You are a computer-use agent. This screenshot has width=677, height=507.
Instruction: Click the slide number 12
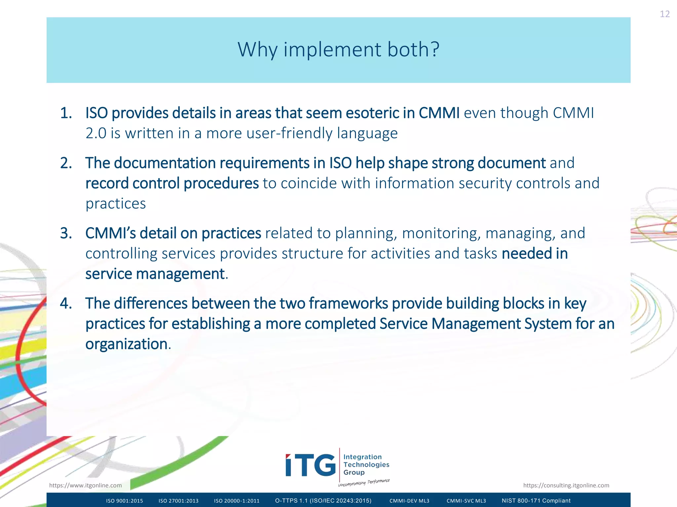click(664, 14)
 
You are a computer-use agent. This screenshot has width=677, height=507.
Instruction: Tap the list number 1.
click(66, 113)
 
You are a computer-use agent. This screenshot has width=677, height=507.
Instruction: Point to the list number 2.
click(66, 163)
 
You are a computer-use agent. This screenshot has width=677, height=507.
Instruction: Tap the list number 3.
click(66, 233)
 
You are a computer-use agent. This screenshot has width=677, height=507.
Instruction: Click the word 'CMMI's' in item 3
click(110, 233)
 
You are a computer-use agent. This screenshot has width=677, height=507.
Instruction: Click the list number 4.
click(66, 304)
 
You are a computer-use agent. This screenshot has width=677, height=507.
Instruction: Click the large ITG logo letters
click(310, 465)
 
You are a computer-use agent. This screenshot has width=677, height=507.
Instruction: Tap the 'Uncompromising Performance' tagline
click(364, 483)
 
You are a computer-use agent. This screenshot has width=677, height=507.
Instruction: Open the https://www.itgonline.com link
click(85, 485)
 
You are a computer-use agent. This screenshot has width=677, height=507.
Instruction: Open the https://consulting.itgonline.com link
click(566, 485)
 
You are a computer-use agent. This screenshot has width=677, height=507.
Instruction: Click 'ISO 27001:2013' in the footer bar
click(179, 501)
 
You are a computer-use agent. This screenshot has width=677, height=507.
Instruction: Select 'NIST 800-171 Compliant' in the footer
click(536, 501)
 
